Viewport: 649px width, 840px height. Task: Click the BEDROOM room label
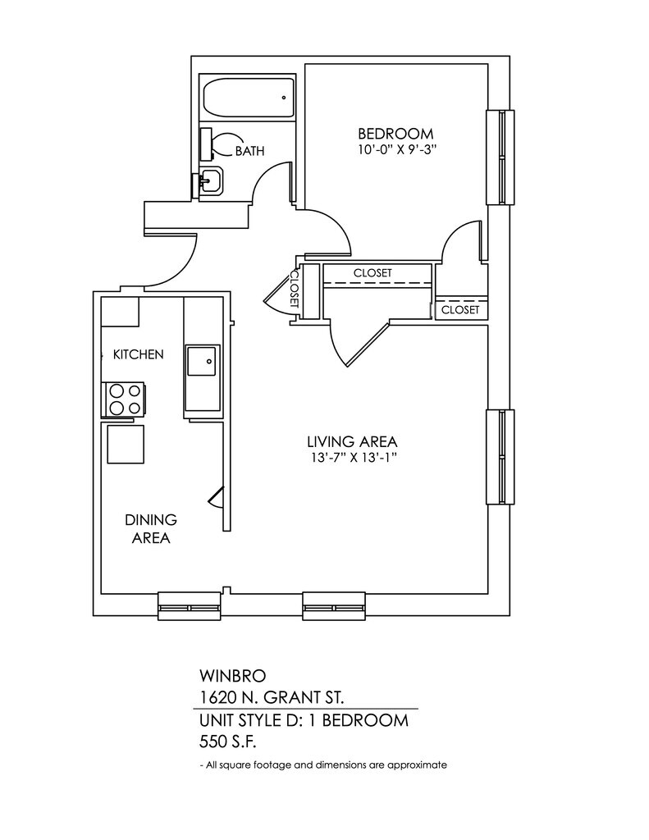pos(395,134)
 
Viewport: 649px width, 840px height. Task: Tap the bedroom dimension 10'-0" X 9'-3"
pos(395,150)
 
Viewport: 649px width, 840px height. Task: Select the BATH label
pos(249,151)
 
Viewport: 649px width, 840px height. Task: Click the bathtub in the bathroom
pos(247,98)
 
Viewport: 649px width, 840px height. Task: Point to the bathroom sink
pos(210,181)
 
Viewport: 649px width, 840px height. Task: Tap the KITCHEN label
pos(138,354)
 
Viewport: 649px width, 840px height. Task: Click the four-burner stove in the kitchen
pos(124,399)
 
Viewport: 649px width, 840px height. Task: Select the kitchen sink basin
pos(202,361)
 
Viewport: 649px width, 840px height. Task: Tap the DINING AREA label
pos(151,528)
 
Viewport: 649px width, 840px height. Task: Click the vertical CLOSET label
pos(293,290)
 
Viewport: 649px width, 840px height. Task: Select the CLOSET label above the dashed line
pos(372,272)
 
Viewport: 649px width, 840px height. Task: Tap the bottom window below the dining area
pos(190,607)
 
